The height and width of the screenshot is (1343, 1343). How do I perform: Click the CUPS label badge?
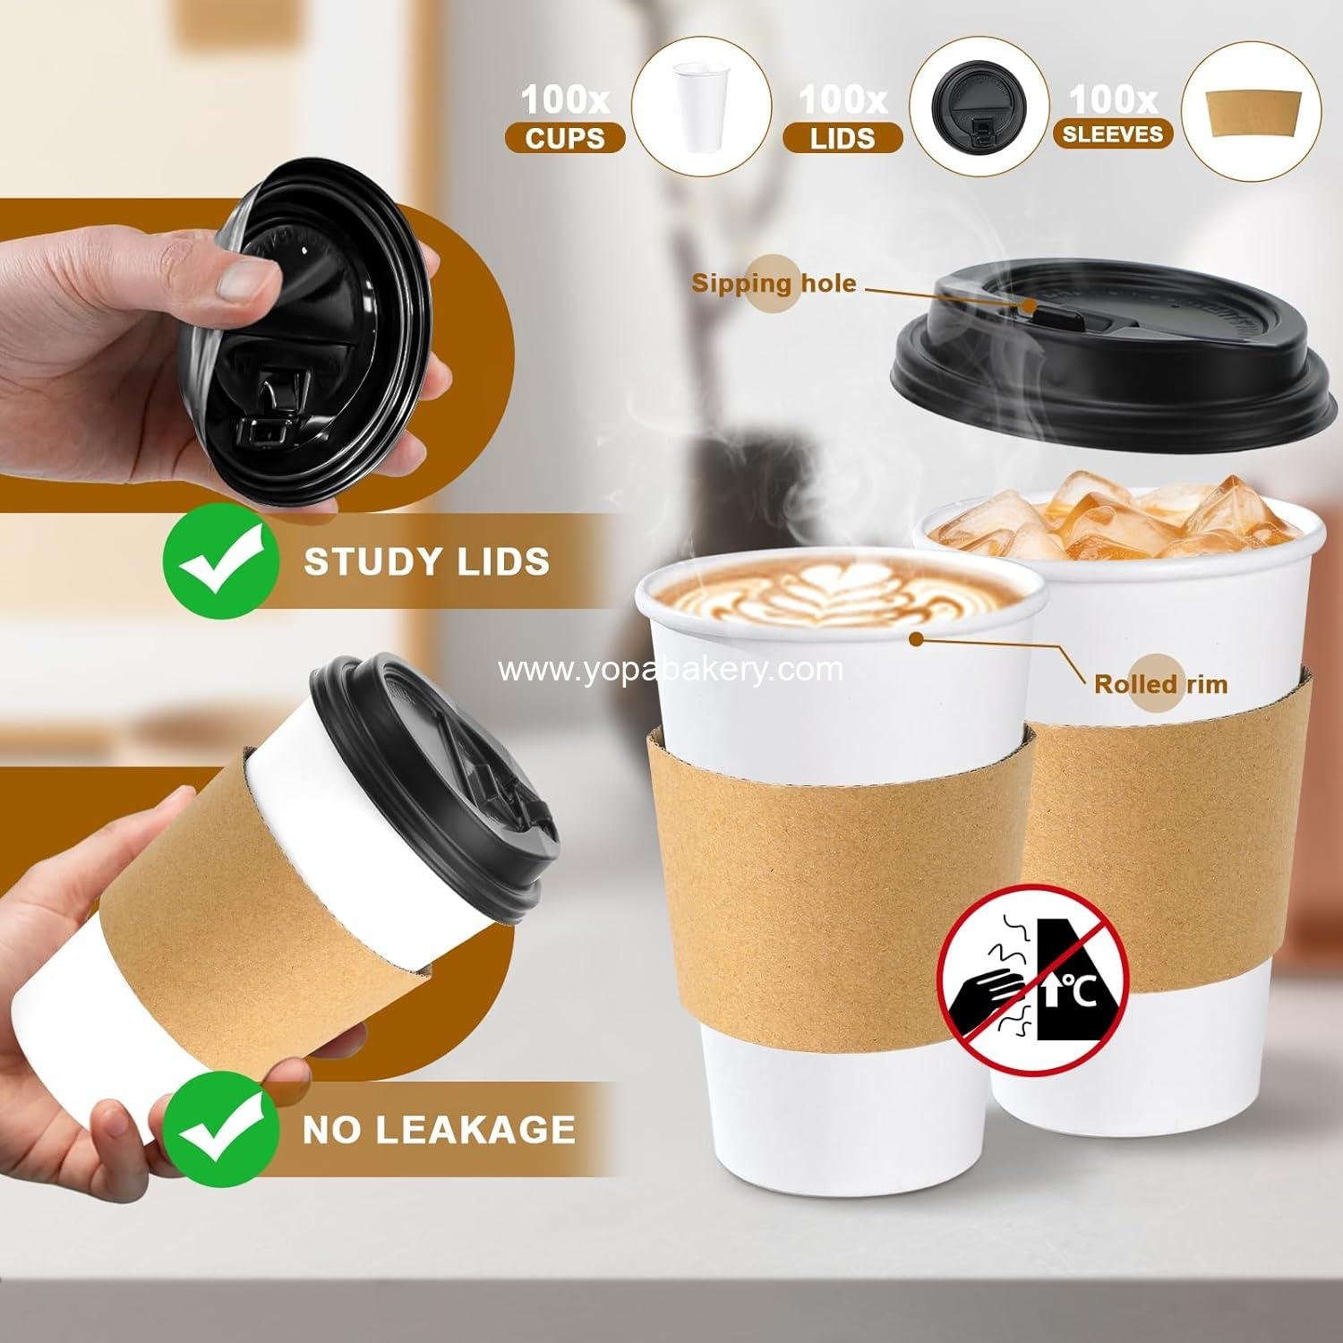coord(564,138)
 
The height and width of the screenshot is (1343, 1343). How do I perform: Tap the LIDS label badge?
coord(842,138)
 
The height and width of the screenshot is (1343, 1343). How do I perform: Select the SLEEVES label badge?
coord(1113,134)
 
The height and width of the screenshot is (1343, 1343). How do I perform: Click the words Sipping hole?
coord(773,284)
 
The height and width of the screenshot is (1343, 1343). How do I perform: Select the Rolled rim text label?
coord(1160,684)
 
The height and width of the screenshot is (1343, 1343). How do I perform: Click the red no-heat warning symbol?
coord(1032,978)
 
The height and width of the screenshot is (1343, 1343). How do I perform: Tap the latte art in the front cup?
coord(837,595)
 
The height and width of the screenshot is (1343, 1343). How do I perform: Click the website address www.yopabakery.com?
coord(671,669)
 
